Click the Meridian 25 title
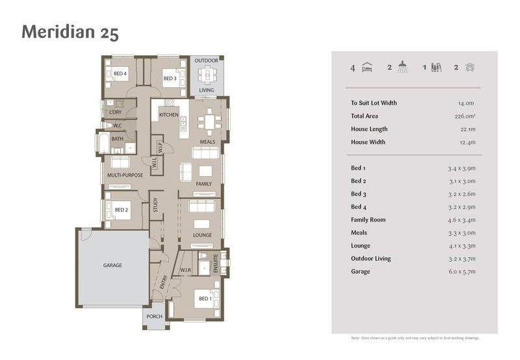(70, 32)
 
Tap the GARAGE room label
(112, 265)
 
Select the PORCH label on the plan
(155, 316)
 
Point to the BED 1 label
(205, 299)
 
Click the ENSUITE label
(216, 264)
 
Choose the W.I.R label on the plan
(186, 270)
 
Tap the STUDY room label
(155, 205)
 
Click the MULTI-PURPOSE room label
(125, 175)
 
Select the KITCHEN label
(169, 115)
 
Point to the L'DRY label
(116, 112)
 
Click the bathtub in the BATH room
(104, 143)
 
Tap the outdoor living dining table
(207, 75)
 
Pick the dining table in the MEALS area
(209, 122)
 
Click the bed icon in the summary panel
(367, 68)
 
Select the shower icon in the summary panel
(402, 67)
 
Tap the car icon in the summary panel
(470, 68)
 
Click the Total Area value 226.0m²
(465, 116)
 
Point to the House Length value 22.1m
(468, 129)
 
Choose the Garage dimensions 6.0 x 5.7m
(462, 272)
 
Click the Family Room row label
(368, 220)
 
